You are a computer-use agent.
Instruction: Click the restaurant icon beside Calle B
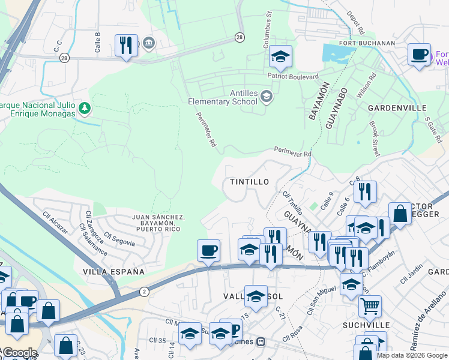click(x=126, y=46)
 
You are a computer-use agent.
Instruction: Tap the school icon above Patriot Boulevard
click(x=280, y=57)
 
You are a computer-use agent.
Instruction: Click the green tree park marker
click(x=85, y=108)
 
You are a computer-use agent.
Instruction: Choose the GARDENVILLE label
click(x=397, y=107)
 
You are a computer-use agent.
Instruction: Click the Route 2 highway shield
click(x=144, y=291)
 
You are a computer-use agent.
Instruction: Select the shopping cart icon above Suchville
click(x=370, y=306)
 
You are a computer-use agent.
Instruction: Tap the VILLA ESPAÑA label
click(x=113, y=272)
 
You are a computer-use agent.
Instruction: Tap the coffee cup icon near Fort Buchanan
click(x=419, y=54)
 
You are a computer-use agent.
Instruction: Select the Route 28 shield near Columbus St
click(x=240, y=37)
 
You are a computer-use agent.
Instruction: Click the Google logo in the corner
click(x=19, y=353)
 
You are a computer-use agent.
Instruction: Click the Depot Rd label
click(x=357, y=22)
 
